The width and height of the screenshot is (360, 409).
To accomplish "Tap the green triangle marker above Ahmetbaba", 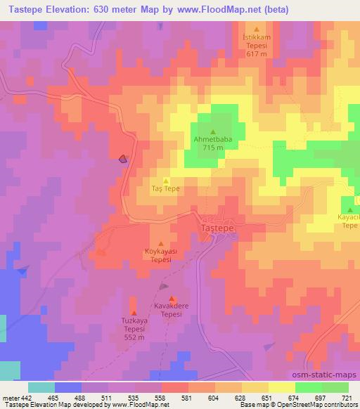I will [x=213, y=131].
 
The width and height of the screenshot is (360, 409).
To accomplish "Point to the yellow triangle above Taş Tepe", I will [x=165, y=181].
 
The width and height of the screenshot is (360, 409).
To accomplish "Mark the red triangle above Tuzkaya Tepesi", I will [x=134, y=313].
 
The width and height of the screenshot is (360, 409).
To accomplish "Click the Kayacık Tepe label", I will [x=349, y=221].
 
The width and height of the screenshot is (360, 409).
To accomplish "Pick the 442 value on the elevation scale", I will [x=27, y=398].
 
